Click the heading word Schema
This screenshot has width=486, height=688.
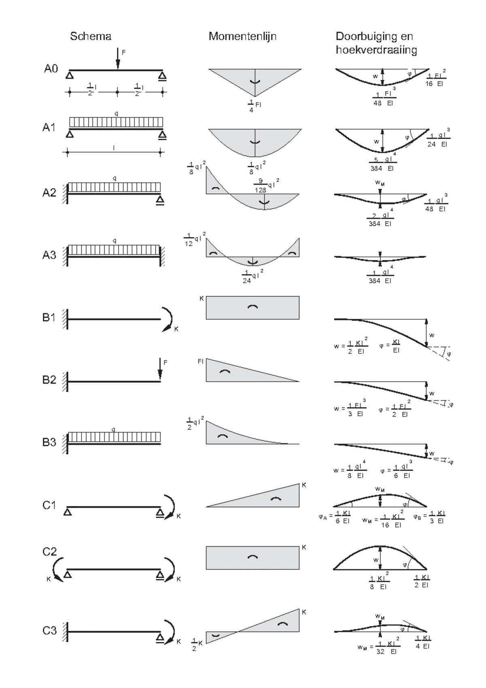(90, 36)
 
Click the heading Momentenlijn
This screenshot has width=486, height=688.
(242, 36)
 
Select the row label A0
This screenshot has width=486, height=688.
(51, 69)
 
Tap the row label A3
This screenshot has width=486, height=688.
(49, 255)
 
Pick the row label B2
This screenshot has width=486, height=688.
(49, 380)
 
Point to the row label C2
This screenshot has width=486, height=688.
(49, 552)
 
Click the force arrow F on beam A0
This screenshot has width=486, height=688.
(118, 59)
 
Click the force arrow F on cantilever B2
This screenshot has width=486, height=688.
(160, 370)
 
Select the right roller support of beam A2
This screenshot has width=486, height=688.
(160, 200)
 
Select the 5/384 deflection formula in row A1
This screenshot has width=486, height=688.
(383, 164)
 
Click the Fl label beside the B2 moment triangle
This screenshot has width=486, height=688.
(200, 361)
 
